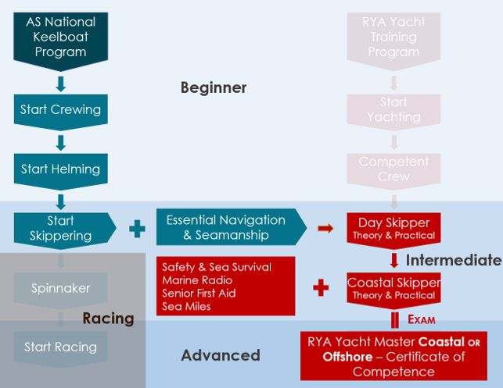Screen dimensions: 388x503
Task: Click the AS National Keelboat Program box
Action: pyautogui.click(x=60, y=36)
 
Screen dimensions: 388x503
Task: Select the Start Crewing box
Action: pyautogui.click(x=60, y=110)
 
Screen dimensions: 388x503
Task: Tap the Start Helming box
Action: pyautogui.click(x=60, y=169)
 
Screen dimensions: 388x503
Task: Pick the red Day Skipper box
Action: pyautogui.click(x=393, y=228)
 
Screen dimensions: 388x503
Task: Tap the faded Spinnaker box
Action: pyautogui.click(x=60, y=288)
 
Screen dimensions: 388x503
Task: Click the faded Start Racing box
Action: pyautogui.click(x=60, y=347)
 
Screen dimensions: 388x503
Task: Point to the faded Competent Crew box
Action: pyautogui.click(x=393, y=169)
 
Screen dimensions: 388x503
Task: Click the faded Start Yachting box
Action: pyautogui.click(x=393, y=110)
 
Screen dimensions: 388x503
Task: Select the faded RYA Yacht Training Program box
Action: pyautogui.click(x=393, y=36)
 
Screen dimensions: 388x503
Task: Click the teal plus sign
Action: pyautogui.click(x=137, y=228)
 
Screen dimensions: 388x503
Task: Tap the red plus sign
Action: pyautogui.click(x=320, y=288)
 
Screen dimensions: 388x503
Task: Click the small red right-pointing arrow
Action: pyautogui.click(x=325, y=228)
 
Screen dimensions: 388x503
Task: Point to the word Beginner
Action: pyautogui.click(x=214, y=87)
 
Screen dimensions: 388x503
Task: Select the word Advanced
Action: pyautogui.click(x=220, y=355)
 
